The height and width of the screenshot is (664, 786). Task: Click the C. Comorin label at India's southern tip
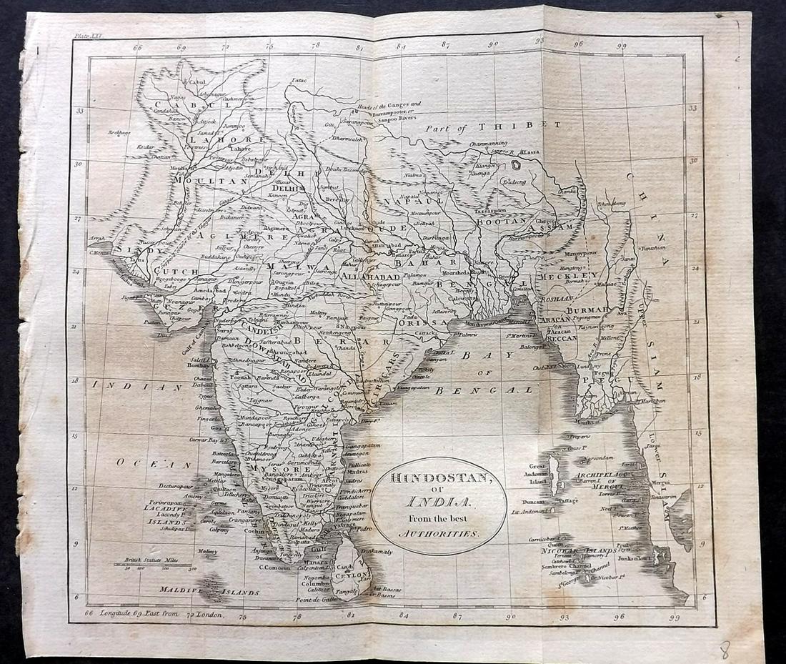272,567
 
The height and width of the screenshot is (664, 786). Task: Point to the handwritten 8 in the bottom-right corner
725,649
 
